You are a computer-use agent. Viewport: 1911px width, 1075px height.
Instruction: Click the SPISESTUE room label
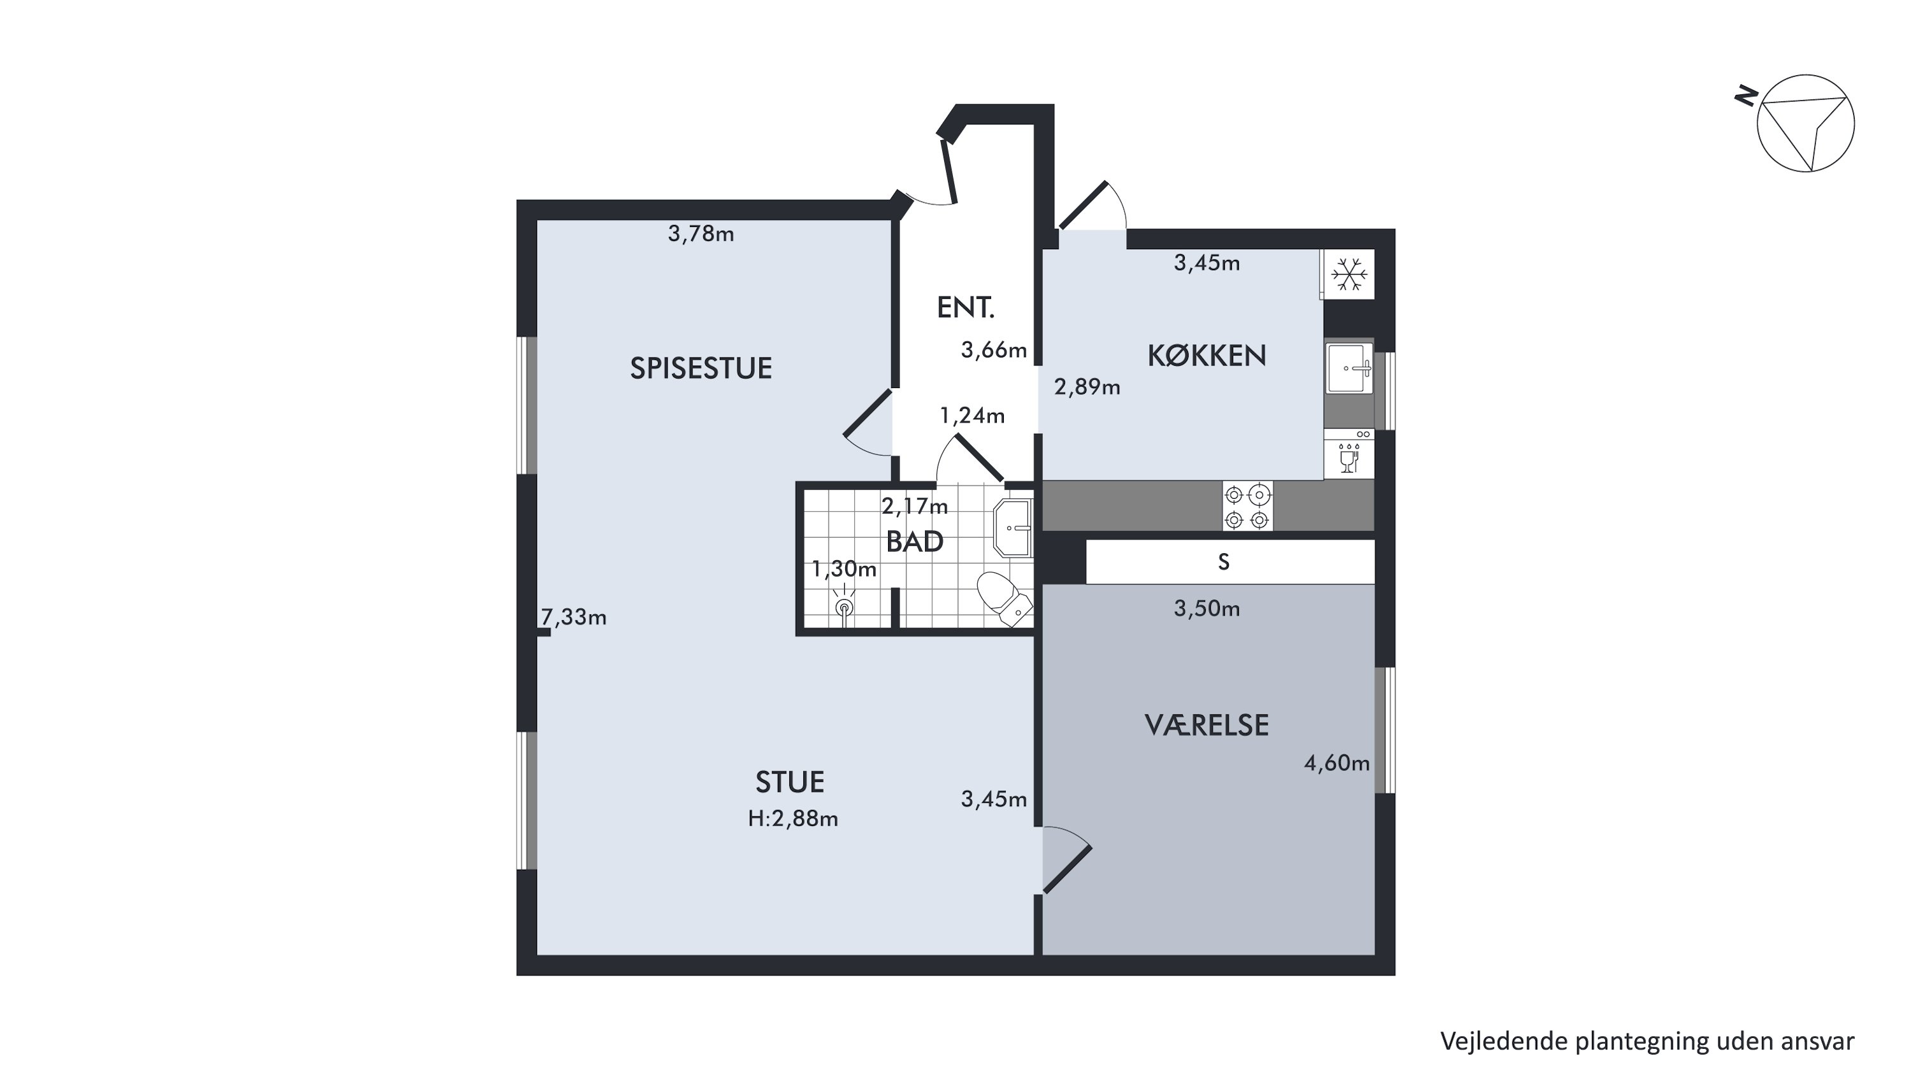point(701,368)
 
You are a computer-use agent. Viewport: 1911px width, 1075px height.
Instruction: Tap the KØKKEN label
point(1206,356)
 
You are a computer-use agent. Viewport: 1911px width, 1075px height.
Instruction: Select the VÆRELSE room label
point(1206,725)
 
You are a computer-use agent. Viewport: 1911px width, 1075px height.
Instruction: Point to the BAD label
point(915,542)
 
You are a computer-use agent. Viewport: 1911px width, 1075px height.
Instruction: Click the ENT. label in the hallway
point(965,307)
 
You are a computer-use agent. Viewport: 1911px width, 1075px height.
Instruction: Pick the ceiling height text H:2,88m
point(793,818)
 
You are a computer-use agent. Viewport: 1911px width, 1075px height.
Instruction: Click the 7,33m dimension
point(573,617)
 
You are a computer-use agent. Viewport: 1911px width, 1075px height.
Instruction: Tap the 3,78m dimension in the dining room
point(701,234)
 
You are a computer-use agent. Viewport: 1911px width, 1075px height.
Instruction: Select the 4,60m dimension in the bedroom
point(1337,763)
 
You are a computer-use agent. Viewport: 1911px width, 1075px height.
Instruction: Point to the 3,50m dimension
point(1207,609)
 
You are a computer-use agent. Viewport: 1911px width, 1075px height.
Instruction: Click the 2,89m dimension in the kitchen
point(1087,387)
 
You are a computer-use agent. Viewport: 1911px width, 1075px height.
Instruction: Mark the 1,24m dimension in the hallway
point(972,415)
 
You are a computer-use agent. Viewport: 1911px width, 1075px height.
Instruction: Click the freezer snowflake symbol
point(1349,274)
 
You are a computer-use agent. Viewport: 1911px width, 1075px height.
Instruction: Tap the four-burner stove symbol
point(1247,507)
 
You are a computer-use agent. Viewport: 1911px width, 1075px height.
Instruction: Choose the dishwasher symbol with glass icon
point(1349,454)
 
